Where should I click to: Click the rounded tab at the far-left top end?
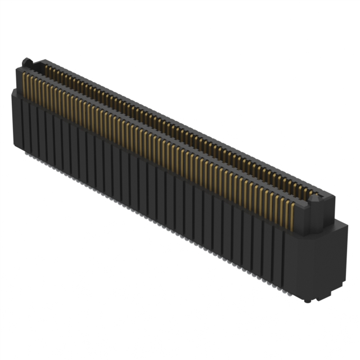(25, 61)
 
